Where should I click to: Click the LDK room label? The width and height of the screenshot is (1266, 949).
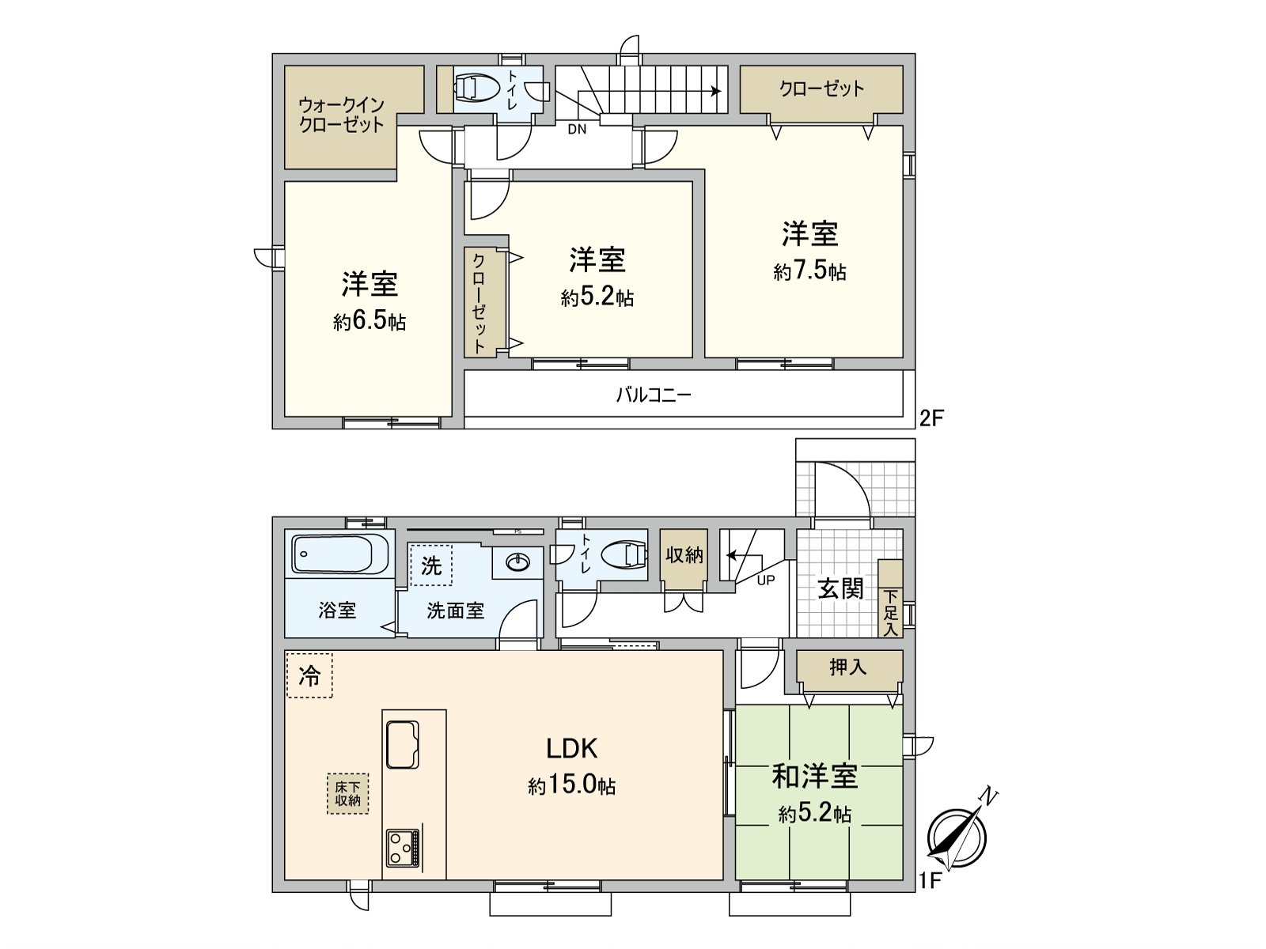click(x=571, y=748)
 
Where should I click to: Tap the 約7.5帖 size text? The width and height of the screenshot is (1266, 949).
click(x=809, y=271)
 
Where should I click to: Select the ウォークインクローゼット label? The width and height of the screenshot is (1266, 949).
click(x=342, y=115)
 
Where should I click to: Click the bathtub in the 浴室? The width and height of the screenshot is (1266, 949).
click(x=340, y=554)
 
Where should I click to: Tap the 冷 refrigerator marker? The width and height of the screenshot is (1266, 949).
click(x=309, y=675)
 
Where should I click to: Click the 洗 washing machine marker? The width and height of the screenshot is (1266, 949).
click(x=431, y=565)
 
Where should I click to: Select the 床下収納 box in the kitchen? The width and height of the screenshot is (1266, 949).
click(x=347, y=793)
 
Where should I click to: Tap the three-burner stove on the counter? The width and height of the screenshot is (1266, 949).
click(x=404, y=849)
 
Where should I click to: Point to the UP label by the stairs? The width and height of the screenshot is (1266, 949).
click(x=766, y=580)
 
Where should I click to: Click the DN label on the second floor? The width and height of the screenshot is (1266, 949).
click(x=577, y=129)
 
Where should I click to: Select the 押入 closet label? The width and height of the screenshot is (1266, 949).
click(x=847, y=667)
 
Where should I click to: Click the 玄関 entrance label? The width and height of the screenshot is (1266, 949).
click(x=840, y=588)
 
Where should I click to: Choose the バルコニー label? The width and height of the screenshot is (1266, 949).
click(x=654, y=395)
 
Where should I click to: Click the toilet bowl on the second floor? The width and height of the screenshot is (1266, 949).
click(x=475, y=88)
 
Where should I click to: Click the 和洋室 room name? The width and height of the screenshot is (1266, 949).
click(x=814, y=777)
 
